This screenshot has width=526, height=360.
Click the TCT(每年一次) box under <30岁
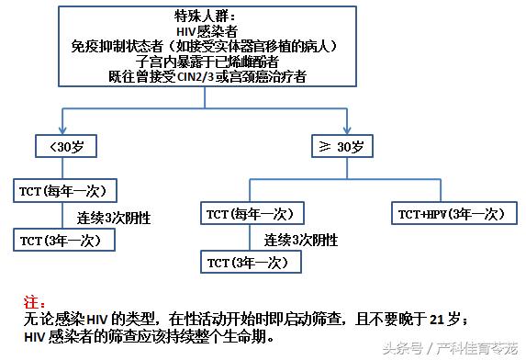pos(64,190)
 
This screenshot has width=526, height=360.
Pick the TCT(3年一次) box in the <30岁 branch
pos(65,239)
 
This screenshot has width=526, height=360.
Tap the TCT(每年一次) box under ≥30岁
pos(249,213)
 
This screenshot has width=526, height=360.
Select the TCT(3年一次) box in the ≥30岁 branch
pos(248,262)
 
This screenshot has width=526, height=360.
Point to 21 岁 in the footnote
pos(448,318)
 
